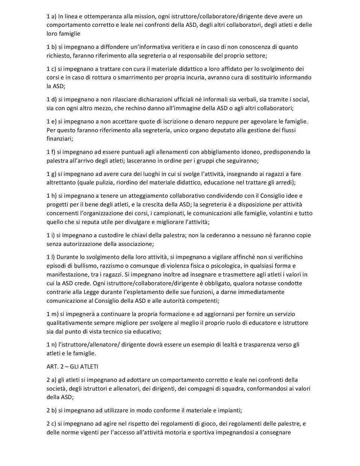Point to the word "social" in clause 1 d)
click(300, 100)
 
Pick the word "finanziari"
click(59, 139)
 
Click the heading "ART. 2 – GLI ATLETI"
click(72, 367)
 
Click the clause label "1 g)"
click(51, 174)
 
